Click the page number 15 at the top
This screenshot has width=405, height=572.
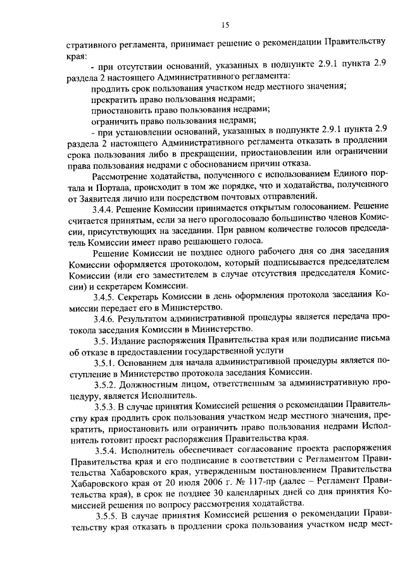225,25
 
